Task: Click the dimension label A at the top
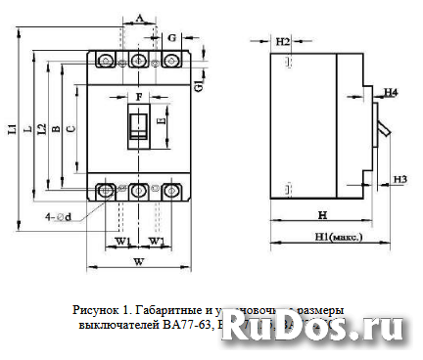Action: pos(140,19)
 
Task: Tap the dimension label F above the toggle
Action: pos(139,97)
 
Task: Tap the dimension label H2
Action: pos(282,42)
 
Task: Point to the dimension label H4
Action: pos(391,92)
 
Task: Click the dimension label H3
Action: pos(399,179)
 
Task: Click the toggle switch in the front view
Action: pos(139,124)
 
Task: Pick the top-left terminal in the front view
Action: pos(107,62)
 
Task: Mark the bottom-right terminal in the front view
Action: pos(171,191)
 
